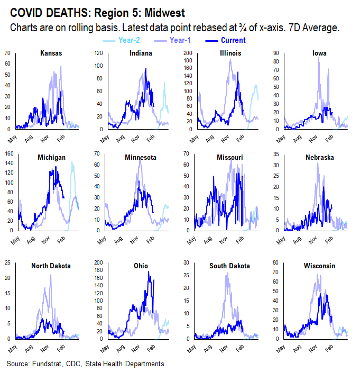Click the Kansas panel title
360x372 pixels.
pyautogui.click(x=51, y=53)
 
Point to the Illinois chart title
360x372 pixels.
pyautogui.click(x=231, y=53)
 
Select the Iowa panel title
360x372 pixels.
pyautogui.click(x=320, y=53)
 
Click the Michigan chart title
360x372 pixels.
pyautogui.click(x=51, y=158)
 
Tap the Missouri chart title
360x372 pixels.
pyautogui.click(x=231, y=158)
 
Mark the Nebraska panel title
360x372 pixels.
pyautogui.click(x=319, y=158)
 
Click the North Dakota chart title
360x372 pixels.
pyautogui.click(x=51, y=266)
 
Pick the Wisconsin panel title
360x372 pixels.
pyautogui.click(x=319, y=266)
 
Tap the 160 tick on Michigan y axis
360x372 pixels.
pyautogui.click(x=9, y=154)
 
